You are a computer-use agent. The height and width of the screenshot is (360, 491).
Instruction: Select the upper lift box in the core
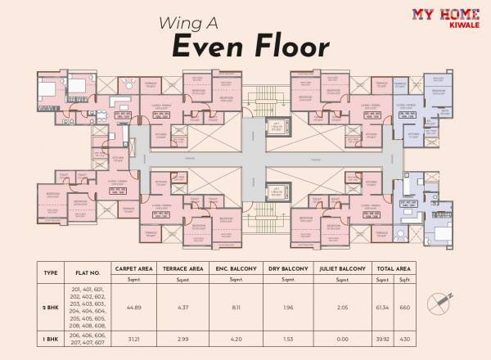coord(279,130)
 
